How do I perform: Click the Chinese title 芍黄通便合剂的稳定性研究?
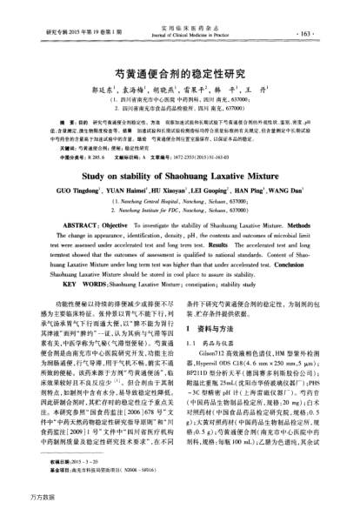pyautogui.click(x=179, y=75)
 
